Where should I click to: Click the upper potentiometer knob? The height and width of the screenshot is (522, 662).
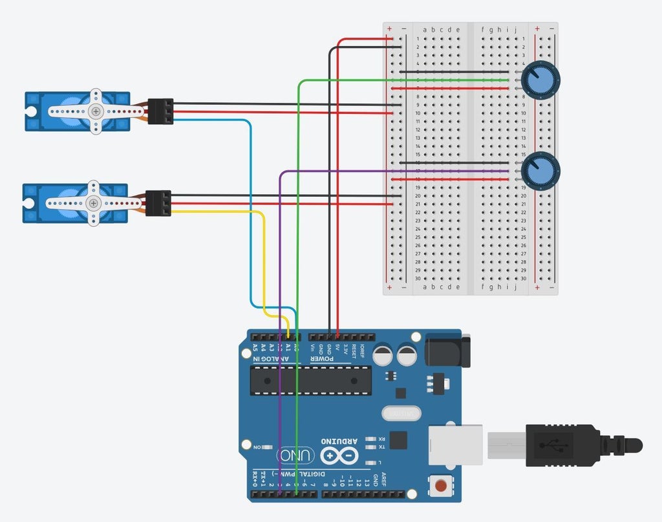tap(540, 80)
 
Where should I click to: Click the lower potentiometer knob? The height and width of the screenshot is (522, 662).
tap(540, 171)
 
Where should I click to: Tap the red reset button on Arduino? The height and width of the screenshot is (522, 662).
tap(441, 485)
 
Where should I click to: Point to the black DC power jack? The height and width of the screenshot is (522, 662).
tap(447, 350)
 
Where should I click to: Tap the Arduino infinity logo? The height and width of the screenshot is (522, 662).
tap(339, 456)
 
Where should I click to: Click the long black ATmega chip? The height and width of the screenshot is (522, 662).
tap(311, 380)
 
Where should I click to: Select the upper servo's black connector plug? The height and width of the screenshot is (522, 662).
tap(160, 111)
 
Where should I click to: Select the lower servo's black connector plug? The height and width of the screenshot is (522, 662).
tap(158, 203)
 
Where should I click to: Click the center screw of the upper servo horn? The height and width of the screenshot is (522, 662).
tap(96, 111)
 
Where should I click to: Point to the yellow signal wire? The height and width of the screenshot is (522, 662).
tap(264, 259)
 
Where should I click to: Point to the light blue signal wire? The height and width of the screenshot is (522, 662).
tap(250, 213)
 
